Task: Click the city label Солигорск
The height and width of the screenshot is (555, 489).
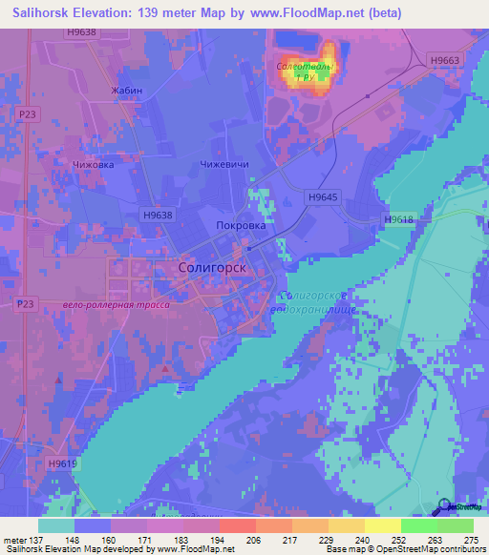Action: (212, 268)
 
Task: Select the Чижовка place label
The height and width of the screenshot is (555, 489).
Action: (94, 164)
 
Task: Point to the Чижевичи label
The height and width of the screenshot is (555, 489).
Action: (224, 164)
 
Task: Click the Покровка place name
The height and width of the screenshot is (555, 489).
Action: (241, 225)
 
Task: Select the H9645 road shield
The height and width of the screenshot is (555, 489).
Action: (323, 196)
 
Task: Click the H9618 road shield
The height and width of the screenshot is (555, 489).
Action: (398, 219)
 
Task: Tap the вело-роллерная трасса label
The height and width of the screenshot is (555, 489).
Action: (115, 304)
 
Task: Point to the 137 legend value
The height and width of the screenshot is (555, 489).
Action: (32, 540)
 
